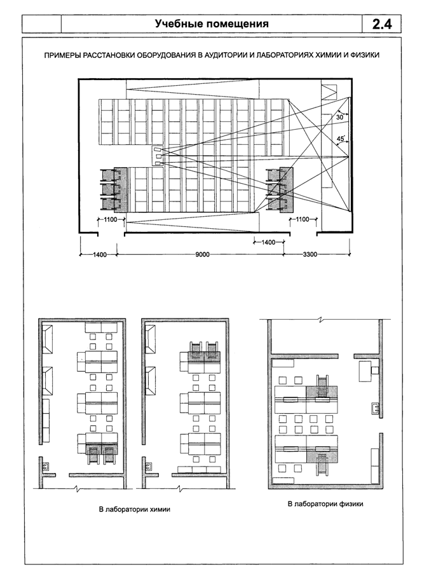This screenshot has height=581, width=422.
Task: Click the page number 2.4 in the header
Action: coord(381,24)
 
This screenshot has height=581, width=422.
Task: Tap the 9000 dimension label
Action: coord(202,254)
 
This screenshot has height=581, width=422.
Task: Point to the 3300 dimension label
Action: coord(310,254)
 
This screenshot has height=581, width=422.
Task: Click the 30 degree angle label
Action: coord(339,117)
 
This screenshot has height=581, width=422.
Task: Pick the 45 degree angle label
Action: coord(341,139)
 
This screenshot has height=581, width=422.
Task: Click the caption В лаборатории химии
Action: coord(135,509)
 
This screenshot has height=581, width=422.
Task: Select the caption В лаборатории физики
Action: coord(325,504)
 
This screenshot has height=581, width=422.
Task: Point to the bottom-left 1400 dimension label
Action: coord(100,254)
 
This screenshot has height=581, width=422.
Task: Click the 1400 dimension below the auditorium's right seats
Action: coord(268,242)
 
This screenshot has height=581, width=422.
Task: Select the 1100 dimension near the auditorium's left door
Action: coord(111,219)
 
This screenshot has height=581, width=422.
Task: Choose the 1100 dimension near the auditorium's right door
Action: coord(303,219)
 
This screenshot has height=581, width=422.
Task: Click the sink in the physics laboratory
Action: coord(374,408)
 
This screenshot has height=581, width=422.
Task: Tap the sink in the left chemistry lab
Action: coord(46,466)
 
